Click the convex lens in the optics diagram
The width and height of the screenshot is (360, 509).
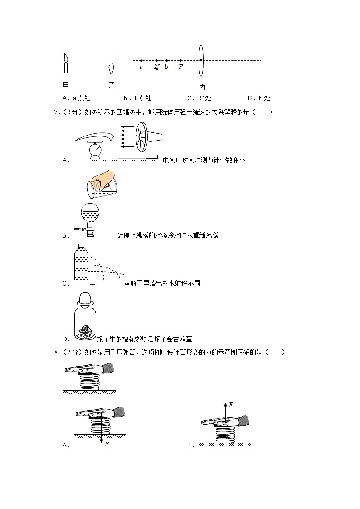pyautogui.click(x=201, y=61)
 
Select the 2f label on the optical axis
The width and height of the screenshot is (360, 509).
pyautogui.click(x=156, y=67)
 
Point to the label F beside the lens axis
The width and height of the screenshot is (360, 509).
pyautogui.click(x=180, y=67)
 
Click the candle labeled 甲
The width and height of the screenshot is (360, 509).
pyautogui.click(x=66, y=63)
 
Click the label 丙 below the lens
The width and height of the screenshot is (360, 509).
pyautogui.click(x=202, y=87)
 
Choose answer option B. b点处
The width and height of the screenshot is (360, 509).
pyautogui.click(x=137, y=98)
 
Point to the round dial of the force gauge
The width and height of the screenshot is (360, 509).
pyautogui.click(x=96, y=148)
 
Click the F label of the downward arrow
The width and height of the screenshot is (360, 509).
pyautogui.click(x=106, y=444)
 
